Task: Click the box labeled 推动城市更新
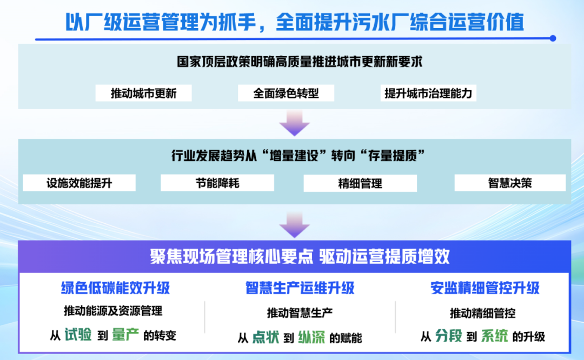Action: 143,93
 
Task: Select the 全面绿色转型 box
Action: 286,93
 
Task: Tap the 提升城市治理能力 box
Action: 428,93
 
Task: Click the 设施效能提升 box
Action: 79,183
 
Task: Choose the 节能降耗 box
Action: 217,183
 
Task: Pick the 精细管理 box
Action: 360,183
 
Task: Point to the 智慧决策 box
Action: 510,183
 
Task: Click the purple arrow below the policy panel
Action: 294,123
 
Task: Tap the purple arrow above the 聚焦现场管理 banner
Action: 294,225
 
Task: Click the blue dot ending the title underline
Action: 553,38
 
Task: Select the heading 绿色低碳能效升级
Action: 116,288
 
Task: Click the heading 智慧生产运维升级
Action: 300,288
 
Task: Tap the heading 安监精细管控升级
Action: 485,288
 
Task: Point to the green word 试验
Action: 78,335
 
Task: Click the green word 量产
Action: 125,335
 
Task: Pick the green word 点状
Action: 266,337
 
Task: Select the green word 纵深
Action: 311,337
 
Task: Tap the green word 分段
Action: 448,336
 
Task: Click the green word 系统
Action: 494,336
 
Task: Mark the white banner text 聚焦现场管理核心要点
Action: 231,257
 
